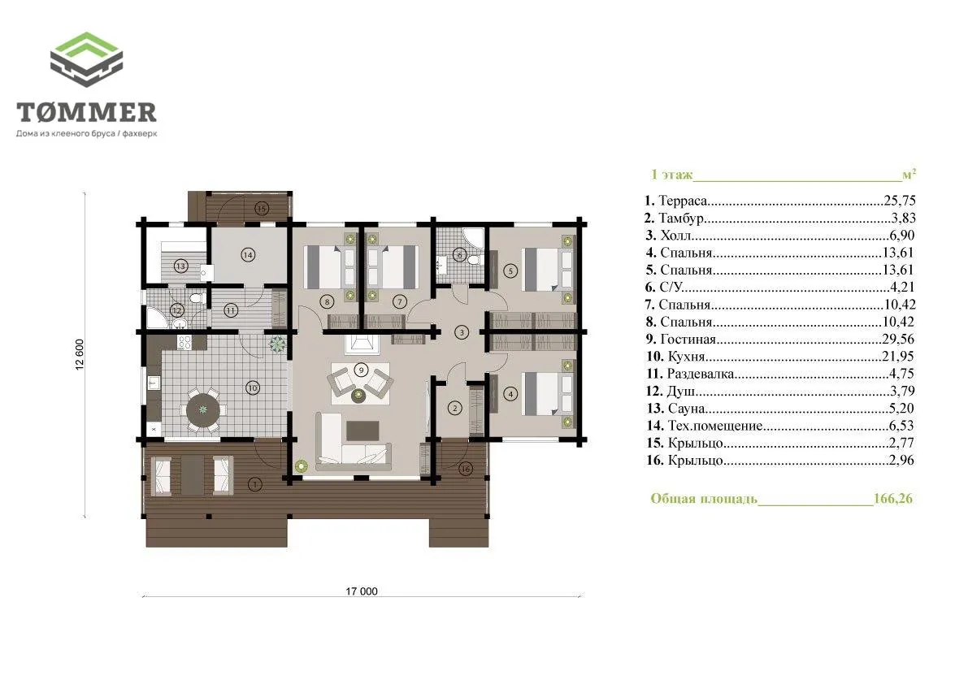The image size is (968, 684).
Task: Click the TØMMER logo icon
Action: click(86, 59)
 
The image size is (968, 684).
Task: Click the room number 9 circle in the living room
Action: click(361, 370)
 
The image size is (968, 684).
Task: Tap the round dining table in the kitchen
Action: click(203, 409)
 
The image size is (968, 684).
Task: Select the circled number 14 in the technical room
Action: click(248, 255)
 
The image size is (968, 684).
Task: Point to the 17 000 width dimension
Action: click(361, 591)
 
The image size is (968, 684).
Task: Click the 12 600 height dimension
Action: click(80, 355)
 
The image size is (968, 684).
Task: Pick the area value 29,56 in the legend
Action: click(898, 339)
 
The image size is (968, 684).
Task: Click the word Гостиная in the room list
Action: click(688, 339)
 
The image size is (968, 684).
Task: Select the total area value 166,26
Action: click(892, 498)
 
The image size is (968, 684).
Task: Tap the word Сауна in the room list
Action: click(686, 408)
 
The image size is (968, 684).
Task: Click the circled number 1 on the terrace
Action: click(254, 485)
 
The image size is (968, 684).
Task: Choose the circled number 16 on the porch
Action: click(466, 469)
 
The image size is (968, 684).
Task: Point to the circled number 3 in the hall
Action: click(462, 332)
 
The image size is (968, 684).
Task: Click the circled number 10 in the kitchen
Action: click(253, 388)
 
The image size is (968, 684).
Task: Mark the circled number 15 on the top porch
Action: click(261, 209)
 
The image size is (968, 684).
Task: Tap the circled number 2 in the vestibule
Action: click(455, 409)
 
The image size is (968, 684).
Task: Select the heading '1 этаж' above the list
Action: click(671, 175)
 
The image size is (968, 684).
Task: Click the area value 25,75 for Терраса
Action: click(900, 201)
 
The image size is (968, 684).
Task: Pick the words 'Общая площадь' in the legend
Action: click(704, 498)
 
